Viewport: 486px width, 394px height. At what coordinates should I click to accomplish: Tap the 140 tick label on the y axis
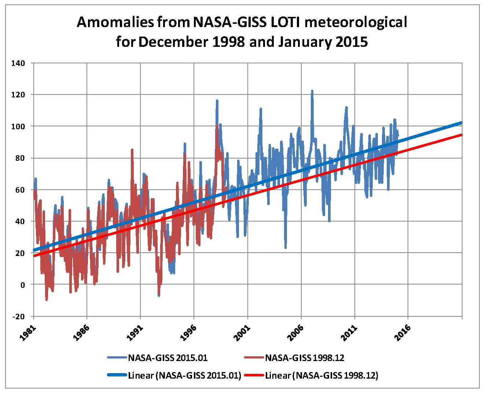pos(18,63)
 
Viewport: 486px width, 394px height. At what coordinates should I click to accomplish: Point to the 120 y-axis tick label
pos(18,95)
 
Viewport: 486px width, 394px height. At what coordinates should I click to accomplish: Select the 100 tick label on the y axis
pos(18,126)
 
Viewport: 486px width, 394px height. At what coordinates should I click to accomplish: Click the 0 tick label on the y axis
pos(22,285)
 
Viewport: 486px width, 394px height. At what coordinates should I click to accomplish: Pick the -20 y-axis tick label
pos(18,316)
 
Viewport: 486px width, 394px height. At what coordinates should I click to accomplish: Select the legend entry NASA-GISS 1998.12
pos(305,358)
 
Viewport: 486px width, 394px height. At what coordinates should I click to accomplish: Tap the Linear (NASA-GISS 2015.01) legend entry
pos(184,375)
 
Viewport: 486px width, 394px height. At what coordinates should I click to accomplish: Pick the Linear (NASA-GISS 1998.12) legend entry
pos(321,375)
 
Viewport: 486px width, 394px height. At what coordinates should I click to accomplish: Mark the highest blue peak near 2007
pos(312,90)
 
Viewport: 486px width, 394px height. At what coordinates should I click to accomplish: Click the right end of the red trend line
pos(461,135)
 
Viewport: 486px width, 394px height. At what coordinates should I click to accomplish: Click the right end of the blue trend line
pos(461,123)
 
